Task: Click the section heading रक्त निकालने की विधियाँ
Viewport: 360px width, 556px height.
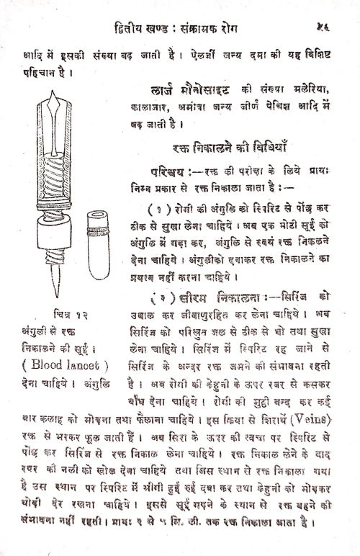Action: click(230, 151)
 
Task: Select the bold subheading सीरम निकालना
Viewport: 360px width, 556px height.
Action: click(216, 297)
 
